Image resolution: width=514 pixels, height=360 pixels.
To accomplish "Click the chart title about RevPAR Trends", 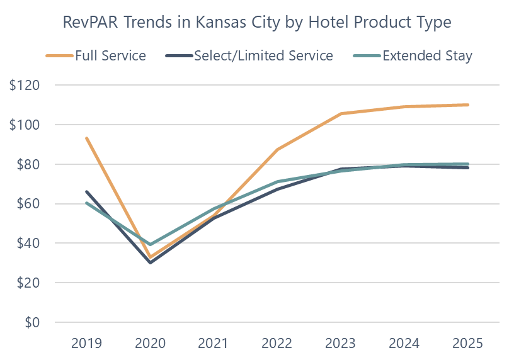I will pos(257,22).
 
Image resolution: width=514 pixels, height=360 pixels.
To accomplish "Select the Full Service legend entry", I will pos(110,55).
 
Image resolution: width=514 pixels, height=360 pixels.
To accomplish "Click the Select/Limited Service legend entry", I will pos(263,55).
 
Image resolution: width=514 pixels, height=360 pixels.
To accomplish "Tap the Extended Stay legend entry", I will pos(427,55).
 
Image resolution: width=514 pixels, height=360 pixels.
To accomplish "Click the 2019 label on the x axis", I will pos(86,343).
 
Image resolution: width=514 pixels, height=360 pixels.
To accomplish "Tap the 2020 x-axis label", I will pos(151,343).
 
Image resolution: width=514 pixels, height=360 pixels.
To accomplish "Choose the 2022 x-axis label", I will pos(277,343).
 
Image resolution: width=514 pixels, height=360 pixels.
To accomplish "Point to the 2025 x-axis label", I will pos(468,343).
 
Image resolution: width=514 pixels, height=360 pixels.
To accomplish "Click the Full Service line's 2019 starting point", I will pos(86,138).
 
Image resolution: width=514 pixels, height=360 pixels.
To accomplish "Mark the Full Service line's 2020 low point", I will pos(151,258).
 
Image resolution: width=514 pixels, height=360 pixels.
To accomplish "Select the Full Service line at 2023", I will pos(341,113).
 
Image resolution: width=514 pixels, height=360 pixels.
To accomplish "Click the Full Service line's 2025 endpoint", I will pos(468,104).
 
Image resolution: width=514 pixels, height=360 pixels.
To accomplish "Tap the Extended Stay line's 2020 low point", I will pos(151,245).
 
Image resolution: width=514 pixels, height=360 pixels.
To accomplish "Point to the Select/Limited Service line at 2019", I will pos(86,191).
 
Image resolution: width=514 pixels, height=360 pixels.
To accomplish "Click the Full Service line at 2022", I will pos(277,149).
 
